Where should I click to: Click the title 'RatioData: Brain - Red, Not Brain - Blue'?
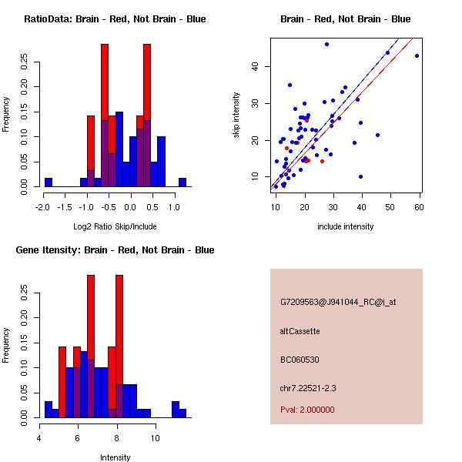pos(115,19)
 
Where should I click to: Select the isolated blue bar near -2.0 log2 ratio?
pos(48,182)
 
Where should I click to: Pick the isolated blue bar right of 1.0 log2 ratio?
pos(182,182)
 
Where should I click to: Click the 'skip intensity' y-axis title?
pos(237,115)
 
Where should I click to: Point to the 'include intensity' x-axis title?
pos(345,226)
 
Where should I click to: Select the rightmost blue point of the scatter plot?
pos(417,55)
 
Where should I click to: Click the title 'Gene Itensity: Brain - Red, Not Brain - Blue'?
pos(115,250)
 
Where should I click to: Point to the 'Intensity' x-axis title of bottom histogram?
pos(115,457)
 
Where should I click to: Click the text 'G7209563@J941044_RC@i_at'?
pos(338,303)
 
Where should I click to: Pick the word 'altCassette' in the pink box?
pos(300,331)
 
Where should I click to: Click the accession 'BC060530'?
pos(300,360)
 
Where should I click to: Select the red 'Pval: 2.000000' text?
pos(307,410)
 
